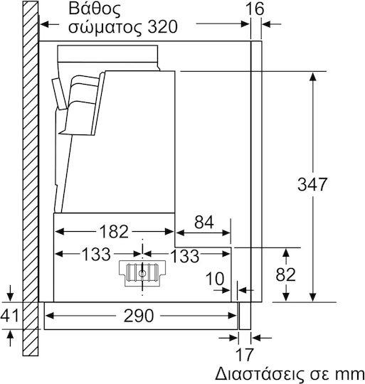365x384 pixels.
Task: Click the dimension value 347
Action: (312, 184)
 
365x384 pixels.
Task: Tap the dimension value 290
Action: (139, 316)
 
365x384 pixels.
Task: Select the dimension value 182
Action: (114, 231)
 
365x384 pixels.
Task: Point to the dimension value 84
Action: (204, 222)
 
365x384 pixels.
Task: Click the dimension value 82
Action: (285, 274)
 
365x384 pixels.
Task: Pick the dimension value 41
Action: (9, 316)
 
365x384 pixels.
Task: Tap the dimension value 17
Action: (244, 354)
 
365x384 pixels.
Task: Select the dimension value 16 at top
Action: (255, 9)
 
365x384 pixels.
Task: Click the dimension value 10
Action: (215, 279)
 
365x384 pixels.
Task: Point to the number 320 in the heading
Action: (163, 27)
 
